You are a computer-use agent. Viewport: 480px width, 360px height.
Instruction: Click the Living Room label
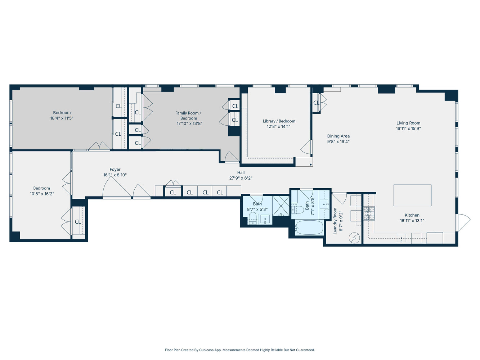point(408,123)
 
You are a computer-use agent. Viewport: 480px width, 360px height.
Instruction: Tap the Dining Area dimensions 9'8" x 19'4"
point(338,141)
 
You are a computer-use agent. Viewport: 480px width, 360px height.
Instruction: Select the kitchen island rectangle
point(412,195)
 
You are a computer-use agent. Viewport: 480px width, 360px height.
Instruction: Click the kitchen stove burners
point(369,213)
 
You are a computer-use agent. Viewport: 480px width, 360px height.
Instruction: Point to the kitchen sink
point(401,238)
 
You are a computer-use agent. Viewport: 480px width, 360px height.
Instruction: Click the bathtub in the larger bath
point(309,228)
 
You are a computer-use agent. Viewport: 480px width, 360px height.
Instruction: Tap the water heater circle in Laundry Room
point(355,238)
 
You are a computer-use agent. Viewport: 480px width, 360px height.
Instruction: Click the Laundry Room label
point(335,221)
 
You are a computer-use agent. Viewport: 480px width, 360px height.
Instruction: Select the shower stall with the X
point(281,206)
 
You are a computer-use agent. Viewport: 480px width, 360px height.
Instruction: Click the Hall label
point(241,173)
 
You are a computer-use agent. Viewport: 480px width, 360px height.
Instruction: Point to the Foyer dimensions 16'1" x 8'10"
point(115,175)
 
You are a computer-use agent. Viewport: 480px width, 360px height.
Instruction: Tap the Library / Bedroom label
point(279,121)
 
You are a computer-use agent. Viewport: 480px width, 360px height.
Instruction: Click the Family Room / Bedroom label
point(188,116)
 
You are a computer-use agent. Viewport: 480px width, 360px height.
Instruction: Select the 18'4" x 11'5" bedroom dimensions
point(62,118)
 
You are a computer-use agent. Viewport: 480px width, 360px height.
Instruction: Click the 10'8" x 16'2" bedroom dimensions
point(42,194)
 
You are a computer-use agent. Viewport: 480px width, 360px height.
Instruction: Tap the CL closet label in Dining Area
point(316,103)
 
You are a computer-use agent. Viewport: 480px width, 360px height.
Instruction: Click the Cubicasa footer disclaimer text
point(240,350)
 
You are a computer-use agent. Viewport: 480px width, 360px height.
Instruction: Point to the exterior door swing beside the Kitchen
point(464,222)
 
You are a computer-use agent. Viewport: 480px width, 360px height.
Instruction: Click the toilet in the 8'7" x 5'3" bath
point(252,217)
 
